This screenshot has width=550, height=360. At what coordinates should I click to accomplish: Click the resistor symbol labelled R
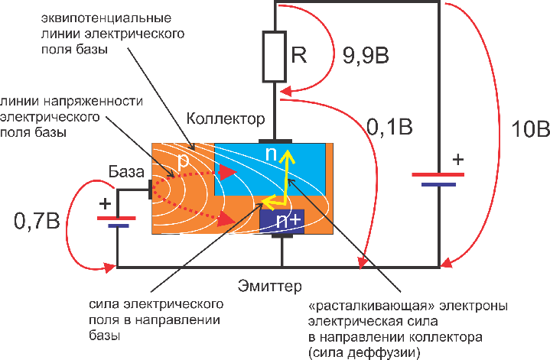click(x=274, y=57)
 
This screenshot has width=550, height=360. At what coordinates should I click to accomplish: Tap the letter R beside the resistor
click(x=298, y=55)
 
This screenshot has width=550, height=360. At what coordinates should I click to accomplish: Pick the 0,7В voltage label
click(x=39, y=223)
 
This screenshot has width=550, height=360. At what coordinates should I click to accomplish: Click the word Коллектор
click(x=226, y=119)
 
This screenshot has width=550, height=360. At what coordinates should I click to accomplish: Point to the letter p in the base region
click(x=184, y=162)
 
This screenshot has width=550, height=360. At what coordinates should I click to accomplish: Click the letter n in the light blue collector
click(x=271, y=154)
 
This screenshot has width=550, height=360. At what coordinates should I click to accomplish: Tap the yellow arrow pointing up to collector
click(x=288, y=172)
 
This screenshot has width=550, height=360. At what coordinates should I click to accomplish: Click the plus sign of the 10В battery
click(x=457, y=160)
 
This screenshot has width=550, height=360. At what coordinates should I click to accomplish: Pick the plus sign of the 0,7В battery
click(x=106, y=204)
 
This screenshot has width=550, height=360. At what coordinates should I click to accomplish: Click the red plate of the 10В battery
click(x=439, y=174)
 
